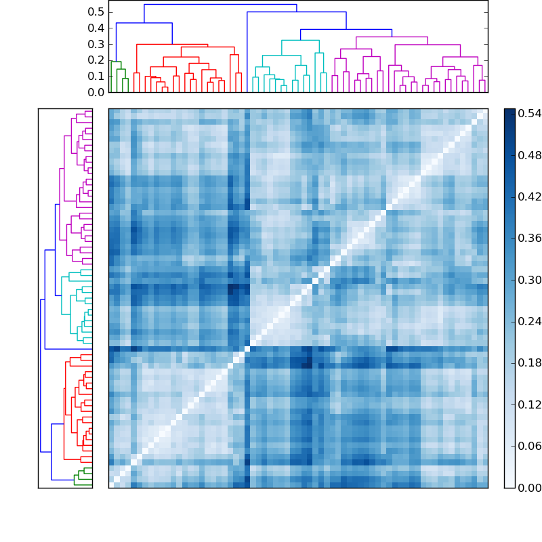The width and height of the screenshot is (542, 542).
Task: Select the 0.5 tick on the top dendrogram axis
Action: coord(97,12)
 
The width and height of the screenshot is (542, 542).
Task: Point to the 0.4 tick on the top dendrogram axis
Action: coord(97,28)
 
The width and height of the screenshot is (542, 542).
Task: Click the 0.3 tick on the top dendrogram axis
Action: coord(97,44)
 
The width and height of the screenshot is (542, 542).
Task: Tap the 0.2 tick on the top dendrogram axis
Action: coord(97,60)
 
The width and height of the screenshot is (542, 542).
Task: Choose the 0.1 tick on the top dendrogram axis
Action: coord(97,76)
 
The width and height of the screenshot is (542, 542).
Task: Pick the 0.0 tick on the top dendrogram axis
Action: coord(97,91)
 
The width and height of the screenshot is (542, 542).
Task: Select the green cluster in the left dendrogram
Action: coord(83,476)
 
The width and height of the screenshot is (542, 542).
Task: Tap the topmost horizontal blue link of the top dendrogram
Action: coord(220,5)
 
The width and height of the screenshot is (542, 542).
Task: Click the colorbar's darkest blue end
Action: coord(509,112)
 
